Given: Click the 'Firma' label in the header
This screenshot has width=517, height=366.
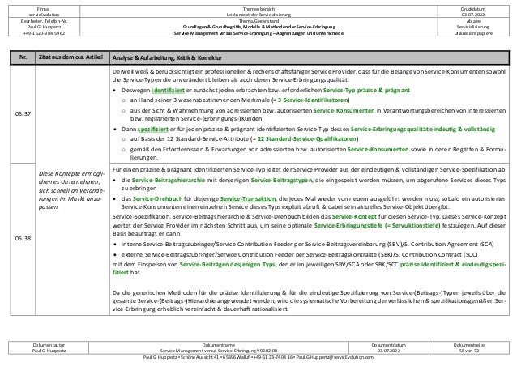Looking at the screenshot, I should click(45, 6).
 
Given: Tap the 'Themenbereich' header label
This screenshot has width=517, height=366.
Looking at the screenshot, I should click(258, 6).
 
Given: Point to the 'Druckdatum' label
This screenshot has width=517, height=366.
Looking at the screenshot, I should click(471, 6).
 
